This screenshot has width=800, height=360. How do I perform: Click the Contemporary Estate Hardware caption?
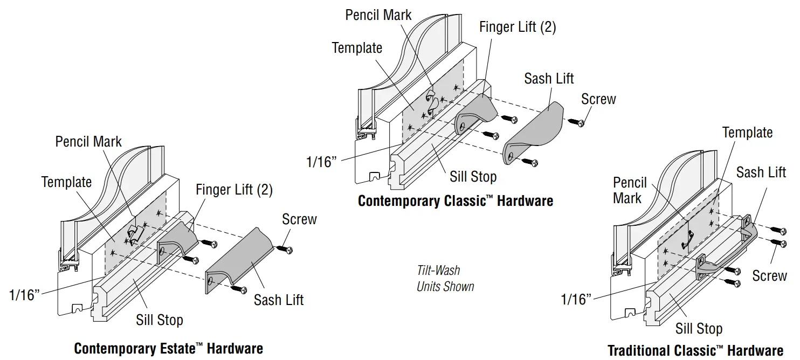tap(168, 348)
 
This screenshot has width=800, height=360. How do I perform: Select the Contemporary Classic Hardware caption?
tap(456, 201)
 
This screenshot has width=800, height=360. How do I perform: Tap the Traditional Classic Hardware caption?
tap(695, 350)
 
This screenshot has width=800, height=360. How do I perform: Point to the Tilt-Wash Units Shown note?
tap(445, 278)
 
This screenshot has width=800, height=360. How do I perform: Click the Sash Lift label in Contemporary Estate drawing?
tap(279, 300)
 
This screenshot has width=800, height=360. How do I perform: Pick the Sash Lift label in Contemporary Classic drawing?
tap(549, 79)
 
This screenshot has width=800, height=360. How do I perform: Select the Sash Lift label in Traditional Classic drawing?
tap(761, 172)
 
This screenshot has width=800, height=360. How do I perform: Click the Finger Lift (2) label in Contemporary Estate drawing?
tap(234, 190)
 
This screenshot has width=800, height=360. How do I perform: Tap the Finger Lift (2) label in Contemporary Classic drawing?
tap(518, 27)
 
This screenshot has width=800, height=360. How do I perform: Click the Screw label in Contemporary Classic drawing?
tap(598, 99)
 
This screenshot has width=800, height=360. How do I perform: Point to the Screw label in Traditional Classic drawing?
tap(769, 275)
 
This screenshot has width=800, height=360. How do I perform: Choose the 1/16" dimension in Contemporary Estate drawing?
tap(25, 295)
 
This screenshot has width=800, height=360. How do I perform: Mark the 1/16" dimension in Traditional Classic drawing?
tap(576, 299)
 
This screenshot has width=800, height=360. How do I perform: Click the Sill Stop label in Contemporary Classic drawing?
tap(473, 176)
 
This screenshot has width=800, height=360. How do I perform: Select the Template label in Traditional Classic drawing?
tap(747, 133)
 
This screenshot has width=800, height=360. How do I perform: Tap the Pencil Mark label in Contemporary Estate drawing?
tap(88, 142)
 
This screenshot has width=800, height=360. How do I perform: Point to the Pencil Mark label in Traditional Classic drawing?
tap(629, 190)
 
